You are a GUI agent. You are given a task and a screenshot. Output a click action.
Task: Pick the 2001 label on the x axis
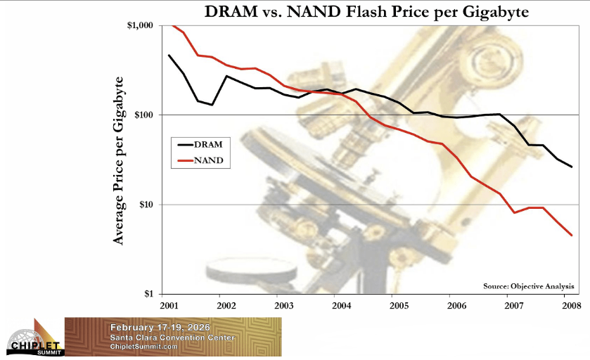(169, 307)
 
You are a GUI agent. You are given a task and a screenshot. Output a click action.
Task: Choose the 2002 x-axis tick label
(226, 307)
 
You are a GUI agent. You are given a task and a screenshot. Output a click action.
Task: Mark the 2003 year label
(283, 307)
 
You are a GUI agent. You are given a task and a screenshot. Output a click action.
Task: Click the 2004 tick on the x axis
(341, 307)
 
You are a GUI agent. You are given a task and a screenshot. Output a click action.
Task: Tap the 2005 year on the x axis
(399, 307)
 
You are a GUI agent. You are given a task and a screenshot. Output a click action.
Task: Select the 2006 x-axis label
(456, 307)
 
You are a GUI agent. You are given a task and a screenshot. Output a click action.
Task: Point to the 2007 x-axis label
(514, 307)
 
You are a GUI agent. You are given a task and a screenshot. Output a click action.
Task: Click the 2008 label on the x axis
(571, 307)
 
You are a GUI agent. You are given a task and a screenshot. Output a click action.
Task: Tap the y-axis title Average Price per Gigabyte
(119, 160)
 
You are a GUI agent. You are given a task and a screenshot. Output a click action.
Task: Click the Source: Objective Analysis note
(528, 286)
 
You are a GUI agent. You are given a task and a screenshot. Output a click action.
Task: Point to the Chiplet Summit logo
(33, 338)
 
